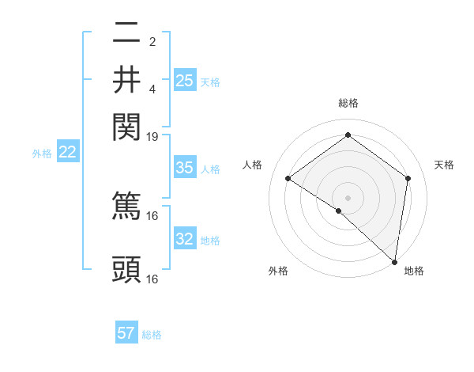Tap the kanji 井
(x=126, y=79)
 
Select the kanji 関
(x=126, y=124)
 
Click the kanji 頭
(x=126, y=269)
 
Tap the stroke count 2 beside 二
(x=152, y=41)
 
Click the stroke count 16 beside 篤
(x=152, y=214)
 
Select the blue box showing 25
(x=184, y=81)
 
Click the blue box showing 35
(x=184, y=168)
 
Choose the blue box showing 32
(x=184, y=239)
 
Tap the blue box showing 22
(x=67, y=153)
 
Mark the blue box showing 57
(x=126, y=333)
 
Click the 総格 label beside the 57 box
(x=152, y=335)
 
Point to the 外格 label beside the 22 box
(x=42, y=154)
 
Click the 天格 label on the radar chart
(x=444, y=165)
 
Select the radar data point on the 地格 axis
(x=394, y=261)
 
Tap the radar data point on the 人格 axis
(x=288, y=179)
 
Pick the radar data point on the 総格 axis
(x=348, y=136)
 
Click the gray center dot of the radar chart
(x=348, y=196)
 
